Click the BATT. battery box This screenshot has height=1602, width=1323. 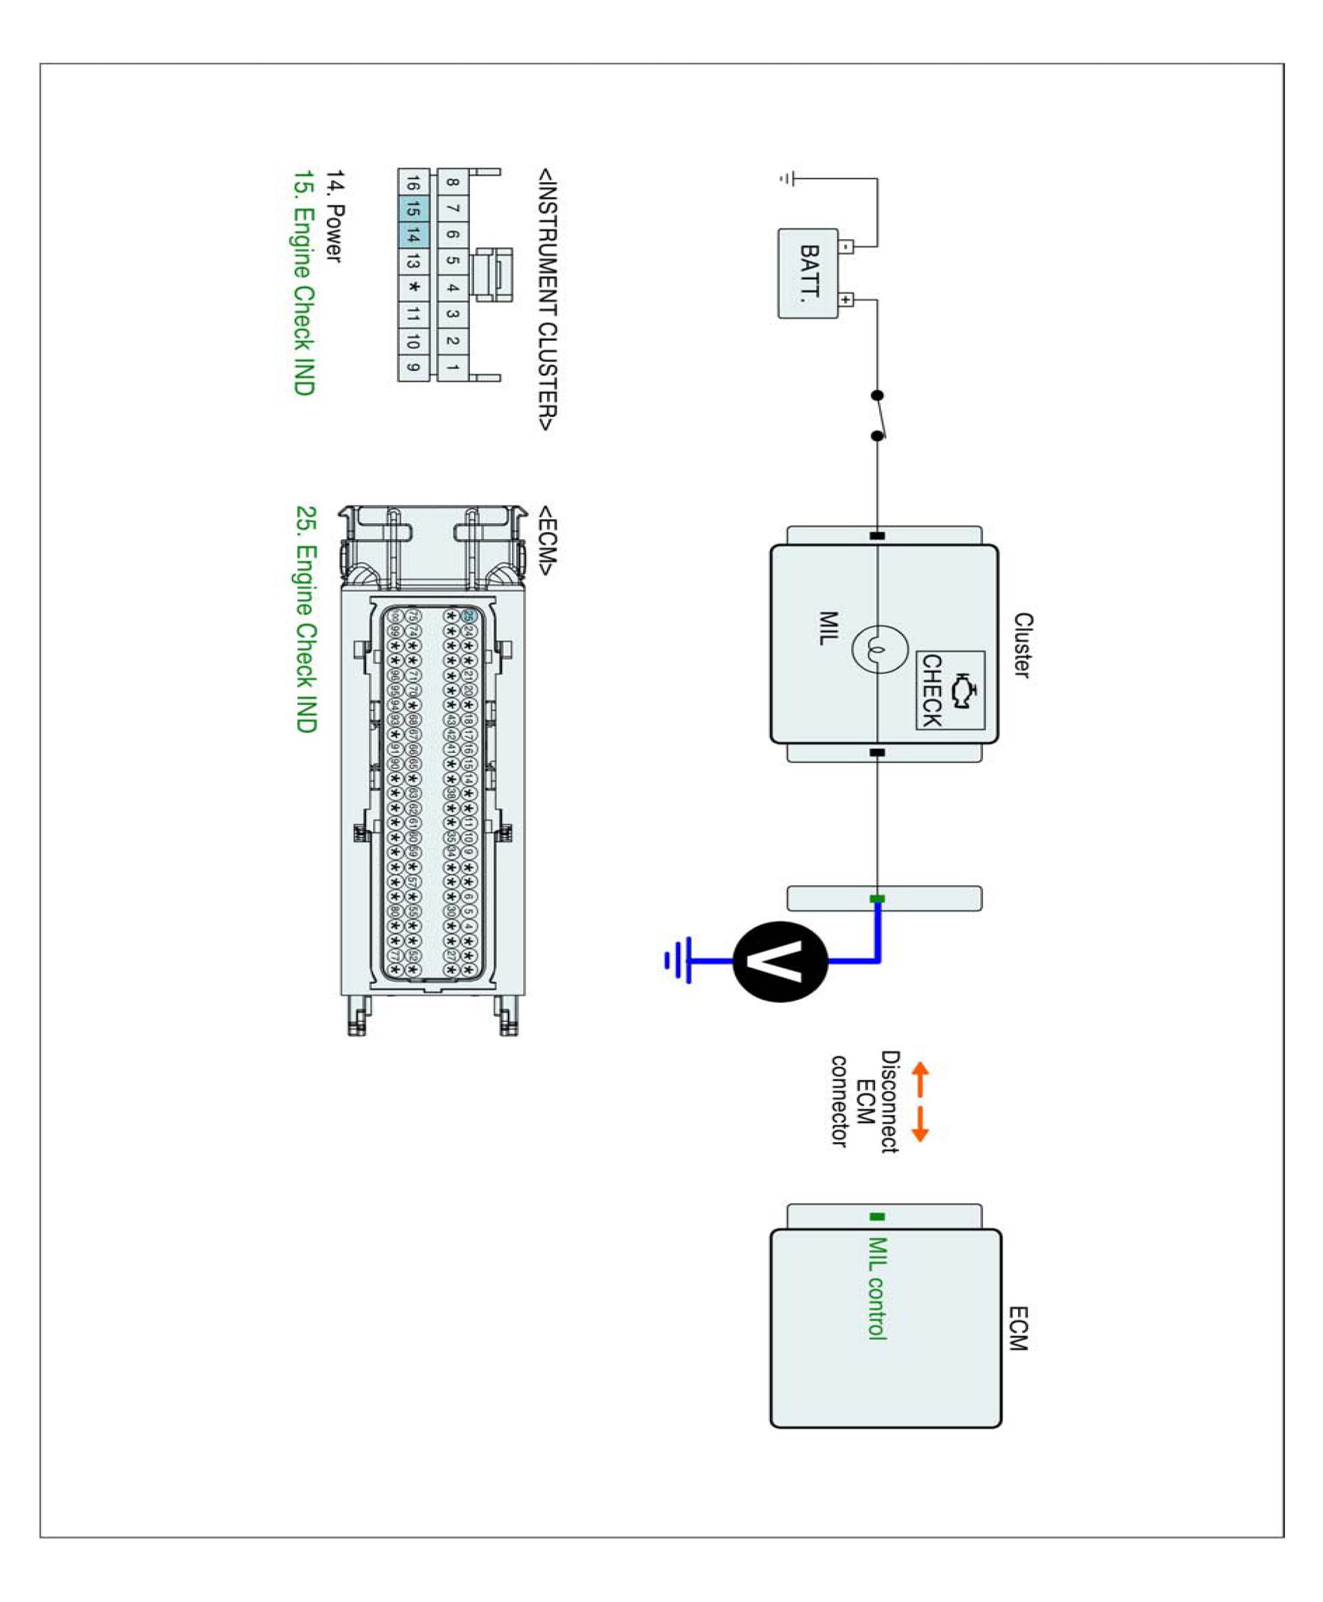pos(808,273)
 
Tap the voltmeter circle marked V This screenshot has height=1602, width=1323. pos(780,961)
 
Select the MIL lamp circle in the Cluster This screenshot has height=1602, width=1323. pos(879,649)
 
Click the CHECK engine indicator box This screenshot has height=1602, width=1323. pos(950,689)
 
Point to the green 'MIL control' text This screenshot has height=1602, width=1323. pos(877,1288)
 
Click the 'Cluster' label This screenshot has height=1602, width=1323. pos(1022,645)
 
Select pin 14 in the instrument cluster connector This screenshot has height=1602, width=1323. pos(413,235)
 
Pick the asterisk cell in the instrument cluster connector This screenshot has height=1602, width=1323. pos(413,287)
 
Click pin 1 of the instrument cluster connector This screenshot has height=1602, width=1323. pos(453,367)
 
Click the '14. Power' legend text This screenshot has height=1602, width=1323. pos(335,217)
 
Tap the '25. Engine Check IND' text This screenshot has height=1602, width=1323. pos(306,619)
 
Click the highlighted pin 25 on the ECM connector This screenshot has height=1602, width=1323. pos(469,616)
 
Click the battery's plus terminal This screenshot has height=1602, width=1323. pos(846,300)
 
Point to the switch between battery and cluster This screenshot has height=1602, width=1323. pos(878,415)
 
